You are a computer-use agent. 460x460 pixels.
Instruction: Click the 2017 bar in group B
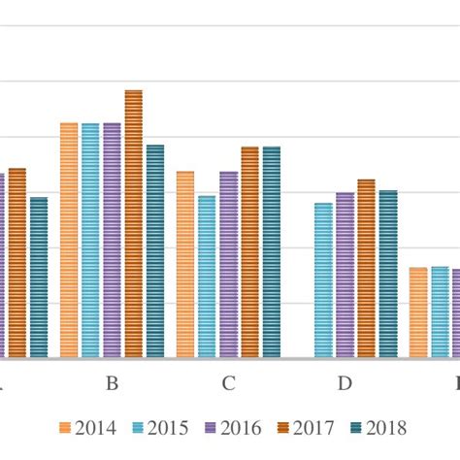[x=133, y=224]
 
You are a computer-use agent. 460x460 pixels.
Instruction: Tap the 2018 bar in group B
[x=154, y=251]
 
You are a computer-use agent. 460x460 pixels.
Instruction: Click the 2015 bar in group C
[x=207, y=277]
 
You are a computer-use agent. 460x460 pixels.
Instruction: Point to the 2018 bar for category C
[x=271, y=252]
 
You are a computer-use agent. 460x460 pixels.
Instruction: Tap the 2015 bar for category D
[x=323, y=280]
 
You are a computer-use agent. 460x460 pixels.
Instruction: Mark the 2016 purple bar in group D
[x=345, y=276]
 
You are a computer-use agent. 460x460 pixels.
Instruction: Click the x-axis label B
[x=112, y=383]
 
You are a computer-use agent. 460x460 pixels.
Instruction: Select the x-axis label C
[x=228, y=383]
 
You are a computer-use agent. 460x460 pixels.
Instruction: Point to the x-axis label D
[x=345, y=383]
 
